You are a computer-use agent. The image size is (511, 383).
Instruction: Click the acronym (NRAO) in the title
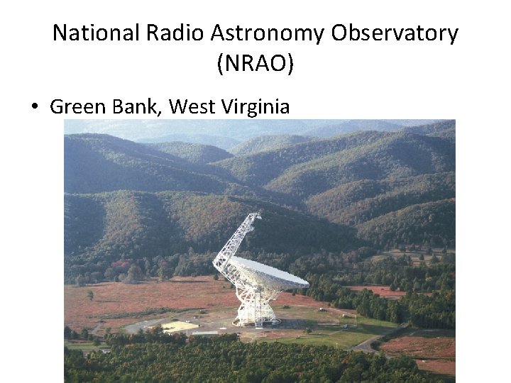point(255,64)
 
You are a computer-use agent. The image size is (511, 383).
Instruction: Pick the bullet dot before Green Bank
point(34,108)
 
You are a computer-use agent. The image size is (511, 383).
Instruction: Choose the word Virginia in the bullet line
point(256,107)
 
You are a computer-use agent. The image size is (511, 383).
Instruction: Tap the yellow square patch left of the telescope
point(178,326)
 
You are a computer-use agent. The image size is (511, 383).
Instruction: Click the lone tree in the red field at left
point(90,294)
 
